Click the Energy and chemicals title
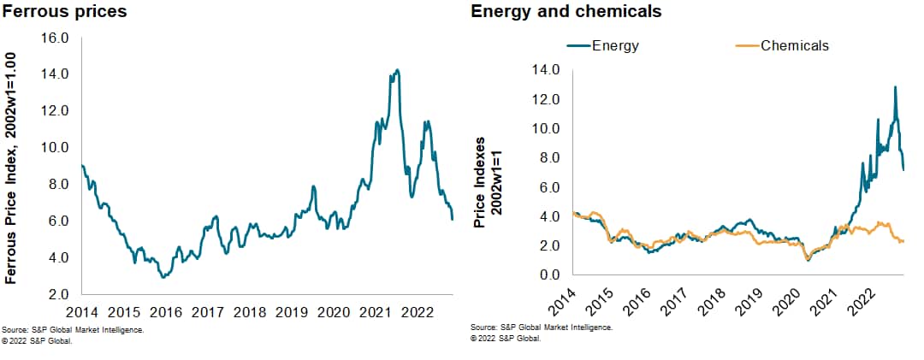point(566,12)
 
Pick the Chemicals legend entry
point(794,45)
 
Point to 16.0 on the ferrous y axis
point(56,38)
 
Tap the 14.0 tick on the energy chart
point(544,70)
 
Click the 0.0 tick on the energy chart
point(548,274)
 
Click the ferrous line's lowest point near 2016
point(163,277)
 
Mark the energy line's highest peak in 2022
point(895,86)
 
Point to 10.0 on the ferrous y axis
point(56,147)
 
